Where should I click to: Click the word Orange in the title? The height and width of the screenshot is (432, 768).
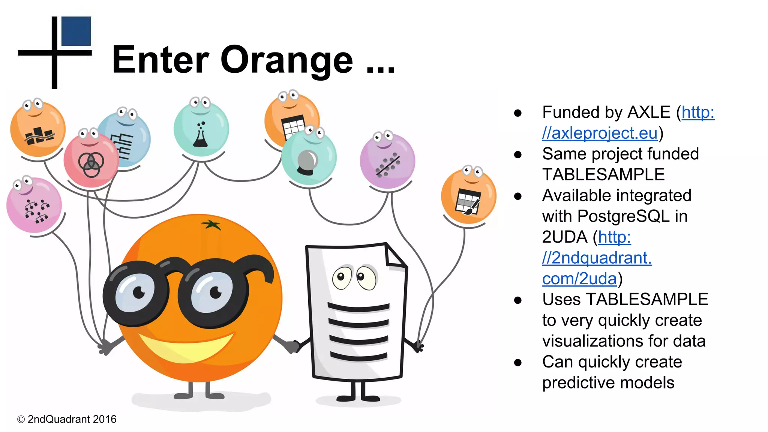(287, 60)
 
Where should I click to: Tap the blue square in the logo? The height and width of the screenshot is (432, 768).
(76, 31)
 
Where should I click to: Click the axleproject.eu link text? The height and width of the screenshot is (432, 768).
(600, 133)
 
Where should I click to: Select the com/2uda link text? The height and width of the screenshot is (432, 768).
(579, 279)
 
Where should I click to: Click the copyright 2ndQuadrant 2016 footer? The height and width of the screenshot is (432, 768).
(67, 419)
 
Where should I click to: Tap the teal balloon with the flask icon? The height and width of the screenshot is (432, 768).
(201, 129)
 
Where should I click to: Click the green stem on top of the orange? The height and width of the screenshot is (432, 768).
(211, 225)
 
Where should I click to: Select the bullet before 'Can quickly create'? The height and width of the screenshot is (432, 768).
(518, 362)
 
